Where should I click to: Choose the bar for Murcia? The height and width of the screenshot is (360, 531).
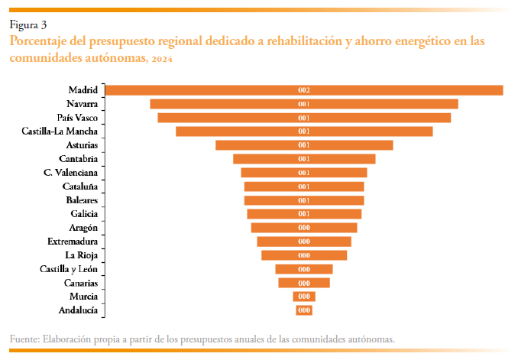pyautogui.click(x=304, y=297)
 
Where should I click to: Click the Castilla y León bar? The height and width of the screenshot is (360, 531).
pyautogui.click(x=304, y=269)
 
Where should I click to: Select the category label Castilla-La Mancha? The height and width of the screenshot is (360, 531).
pyautogui.click(x=60, y=131)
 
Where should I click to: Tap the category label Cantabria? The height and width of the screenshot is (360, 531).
pyautogui.click(x=78, y=159)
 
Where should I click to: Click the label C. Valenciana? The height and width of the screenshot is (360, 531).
pyautogui.click(x=70, y=173)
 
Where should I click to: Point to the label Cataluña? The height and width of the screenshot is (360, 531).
pyautogui.click(x=79, y=186)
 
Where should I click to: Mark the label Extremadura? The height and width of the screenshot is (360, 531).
pyautogui.click(x=72, y=242)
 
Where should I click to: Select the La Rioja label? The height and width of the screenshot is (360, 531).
pyautogui.click(x=81, y=255)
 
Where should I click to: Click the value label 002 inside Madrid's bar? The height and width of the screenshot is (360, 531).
pyautogui.click(x=304, y=90)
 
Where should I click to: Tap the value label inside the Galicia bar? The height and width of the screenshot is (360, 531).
pyautogui.click(x=304, y=214)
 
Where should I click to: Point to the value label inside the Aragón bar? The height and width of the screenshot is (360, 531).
pyautogui.click(x=304, y=228)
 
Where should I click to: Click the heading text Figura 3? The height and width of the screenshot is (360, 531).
pyautogui.click(x=28, y=25)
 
